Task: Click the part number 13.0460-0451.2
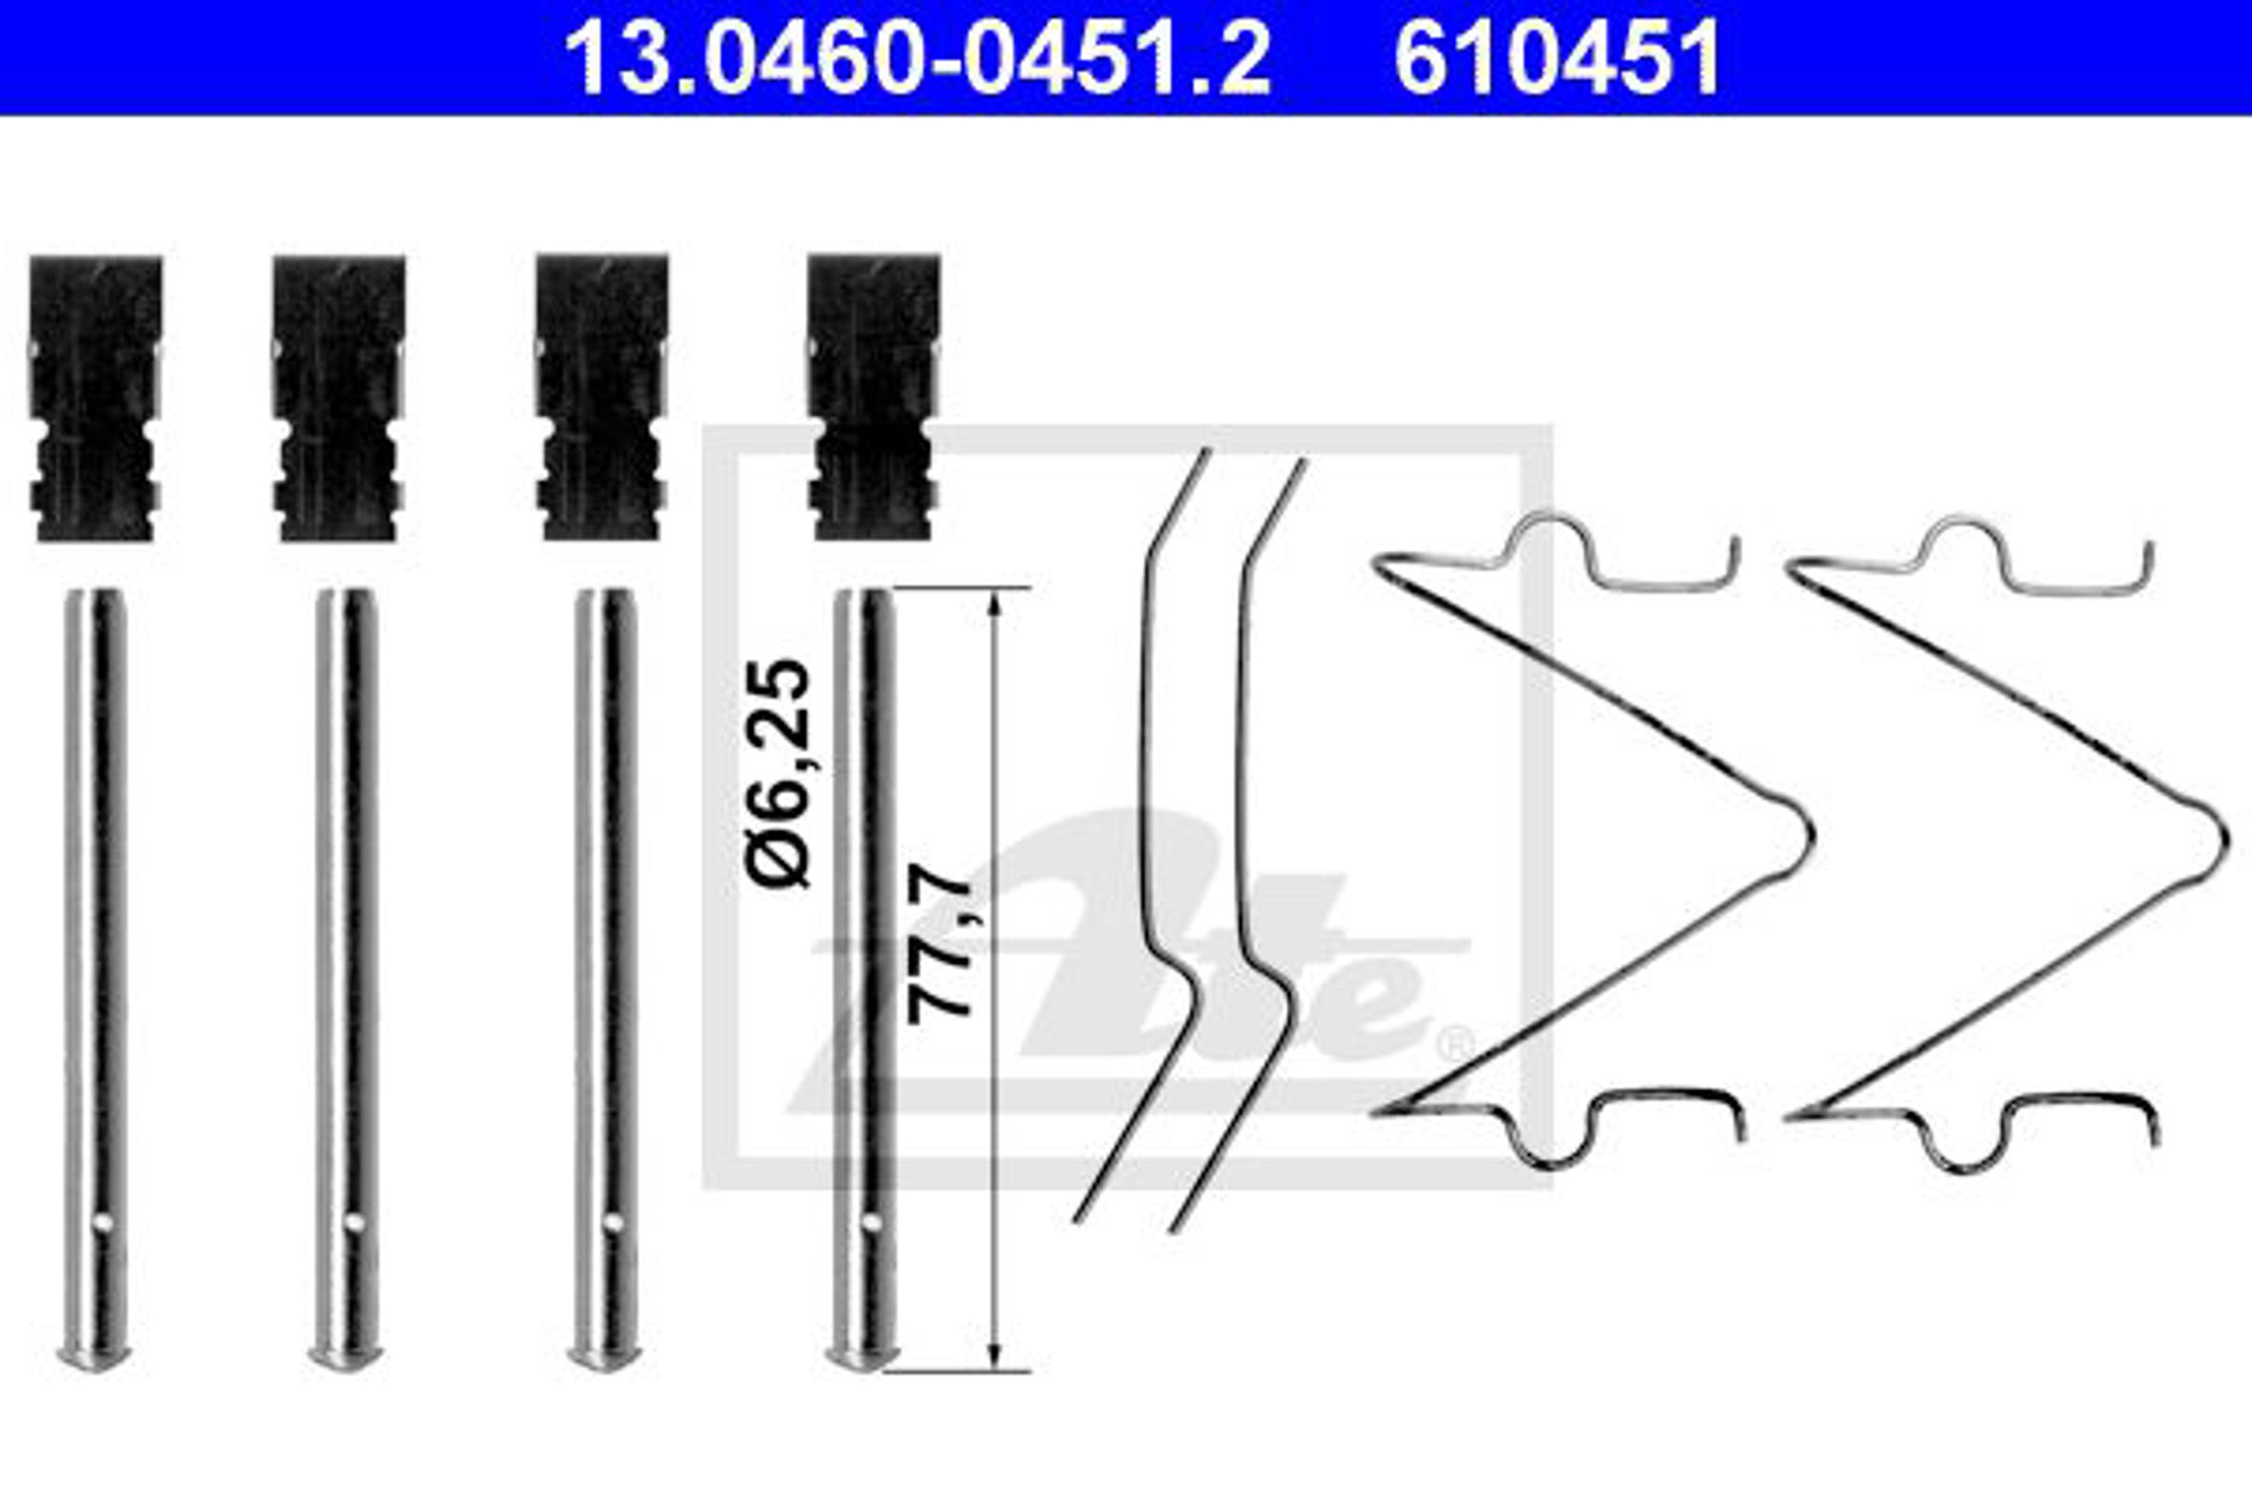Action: tap(918, 59)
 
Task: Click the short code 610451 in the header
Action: tap(1558, 59)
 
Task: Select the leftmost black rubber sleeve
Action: tap(95, 398)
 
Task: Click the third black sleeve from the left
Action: tap(601, 398)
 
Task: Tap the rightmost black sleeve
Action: tap(873, 397)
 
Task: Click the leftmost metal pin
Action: tap(95, 979)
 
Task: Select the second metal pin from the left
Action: tap(345, 979)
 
